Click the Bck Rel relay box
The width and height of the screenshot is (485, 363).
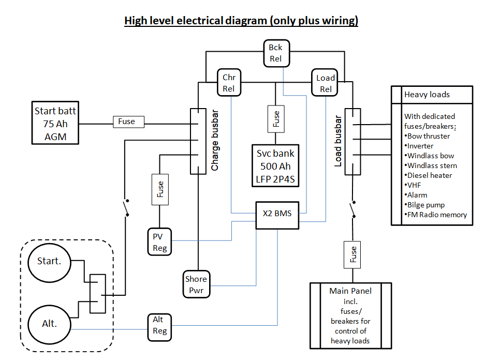(x=275, y=53)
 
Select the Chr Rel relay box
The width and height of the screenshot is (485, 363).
(x=229, y=83)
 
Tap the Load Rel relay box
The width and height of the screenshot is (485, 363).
(x=326, y=83)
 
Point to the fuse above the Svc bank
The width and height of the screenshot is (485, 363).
(x=275, y=119)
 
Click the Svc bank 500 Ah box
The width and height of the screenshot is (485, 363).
(x=275, y=163)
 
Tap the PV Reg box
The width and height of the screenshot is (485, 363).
(x=159, y=241)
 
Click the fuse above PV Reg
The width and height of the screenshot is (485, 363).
(x=159, y=189)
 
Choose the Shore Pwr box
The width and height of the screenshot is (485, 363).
(x=196, y=284)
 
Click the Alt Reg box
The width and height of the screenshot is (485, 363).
(x=159, y=326)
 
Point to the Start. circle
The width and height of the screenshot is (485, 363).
(x=49, y=262)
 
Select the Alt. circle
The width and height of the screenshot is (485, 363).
(x=49, y=324)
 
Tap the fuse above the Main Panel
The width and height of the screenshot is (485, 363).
(x=353, y=254)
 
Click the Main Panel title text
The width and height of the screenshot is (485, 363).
(x=349, y=291)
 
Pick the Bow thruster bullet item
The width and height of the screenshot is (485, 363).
(x=429, y=136)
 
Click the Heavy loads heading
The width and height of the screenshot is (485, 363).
(x=427, y=95)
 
